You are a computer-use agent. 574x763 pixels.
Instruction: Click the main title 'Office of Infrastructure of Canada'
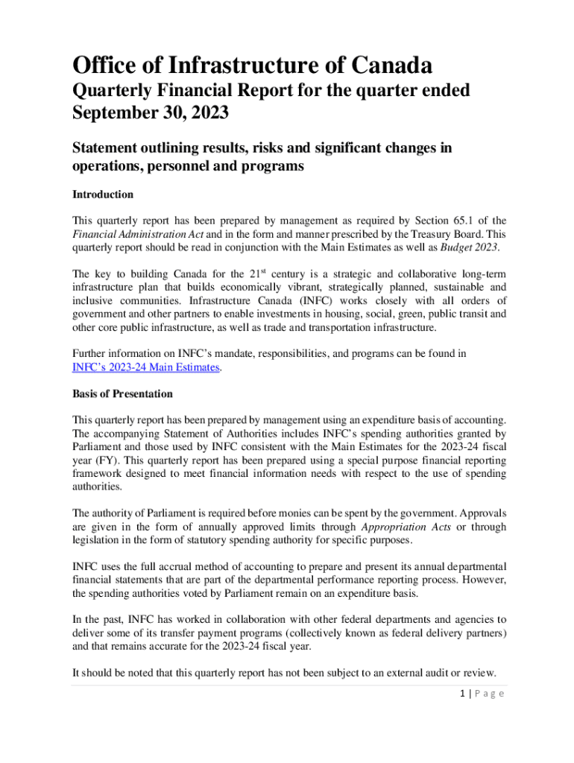tap(252, 65)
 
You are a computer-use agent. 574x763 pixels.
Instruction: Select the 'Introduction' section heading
tap(103, 194)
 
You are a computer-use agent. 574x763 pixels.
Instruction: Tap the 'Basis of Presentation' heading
tap(122, 393)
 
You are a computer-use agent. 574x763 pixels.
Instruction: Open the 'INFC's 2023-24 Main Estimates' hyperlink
tap(145, 367)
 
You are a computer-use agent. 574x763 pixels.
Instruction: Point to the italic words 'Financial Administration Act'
tap(130, 234)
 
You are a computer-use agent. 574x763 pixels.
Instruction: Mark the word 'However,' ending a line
tap(485, 579)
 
